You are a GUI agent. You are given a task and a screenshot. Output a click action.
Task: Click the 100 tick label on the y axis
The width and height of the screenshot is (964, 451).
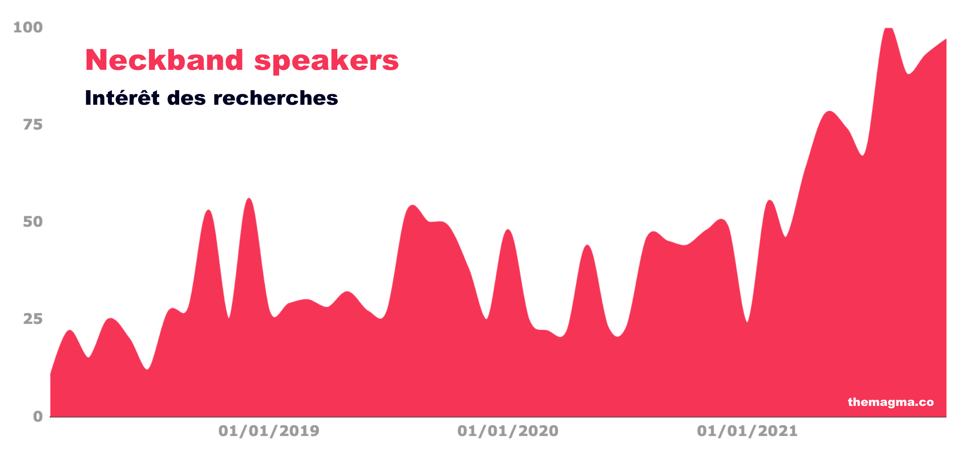pyautogui.click(x=28, y=27)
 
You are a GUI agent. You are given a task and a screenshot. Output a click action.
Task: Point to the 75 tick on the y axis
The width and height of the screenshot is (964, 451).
pyautogui.click(x=33, y=125)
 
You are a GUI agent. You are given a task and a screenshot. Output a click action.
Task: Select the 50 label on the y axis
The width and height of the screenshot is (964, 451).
pyautogui.click(x=33, y=222)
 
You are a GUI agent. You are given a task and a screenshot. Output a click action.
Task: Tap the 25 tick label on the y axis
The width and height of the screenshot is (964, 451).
pyautogui.click(x=33, y=319)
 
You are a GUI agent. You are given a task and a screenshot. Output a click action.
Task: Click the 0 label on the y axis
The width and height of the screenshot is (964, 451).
pyautogui.click(x=38, y=416)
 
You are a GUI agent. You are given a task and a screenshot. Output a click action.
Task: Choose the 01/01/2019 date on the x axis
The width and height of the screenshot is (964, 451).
pyautogui.click(x=269, y=431)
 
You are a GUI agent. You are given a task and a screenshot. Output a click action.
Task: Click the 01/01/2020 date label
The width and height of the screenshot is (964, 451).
pyautogui.click(x=508, y=431)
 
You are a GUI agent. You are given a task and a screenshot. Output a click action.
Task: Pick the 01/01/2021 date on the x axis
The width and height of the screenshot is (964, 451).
pyautogui.click(x=747, y=431)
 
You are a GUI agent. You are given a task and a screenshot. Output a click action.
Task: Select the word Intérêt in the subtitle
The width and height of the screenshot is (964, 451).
pyautogui.click(x=122, y=97)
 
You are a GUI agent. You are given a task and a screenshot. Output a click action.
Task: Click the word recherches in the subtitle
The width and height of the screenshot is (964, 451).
pyautogui.click(x=276, y=98)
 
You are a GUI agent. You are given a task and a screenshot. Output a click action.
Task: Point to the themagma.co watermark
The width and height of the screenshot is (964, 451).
pyautogui.click(x=891, y=402)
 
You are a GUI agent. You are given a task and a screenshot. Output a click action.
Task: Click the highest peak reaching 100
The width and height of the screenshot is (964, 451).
pyautogui.click(x=888, y=28)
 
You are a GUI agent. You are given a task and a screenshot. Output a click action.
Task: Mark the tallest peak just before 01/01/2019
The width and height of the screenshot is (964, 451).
pyautogui.click(x=249, y=199)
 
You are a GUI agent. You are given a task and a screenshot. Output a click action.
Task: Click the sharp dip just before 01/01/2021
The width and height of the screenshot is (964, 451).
pyautogui.click(x=747, y=322)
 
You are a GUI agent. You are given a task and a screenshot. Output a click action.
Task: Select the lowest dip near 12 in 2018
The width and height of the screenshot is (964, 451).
pyautogui.click(x=148, y=369)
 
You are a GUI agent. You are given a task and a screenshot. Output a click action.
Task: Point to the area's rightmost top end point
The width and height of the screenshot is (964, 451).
pyautogui.click(x=946, y=39)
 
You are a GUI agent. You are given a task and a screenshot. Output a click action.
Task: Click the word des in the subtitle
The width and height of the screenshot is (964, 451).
pyautogui.click(x=186, y=98)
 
